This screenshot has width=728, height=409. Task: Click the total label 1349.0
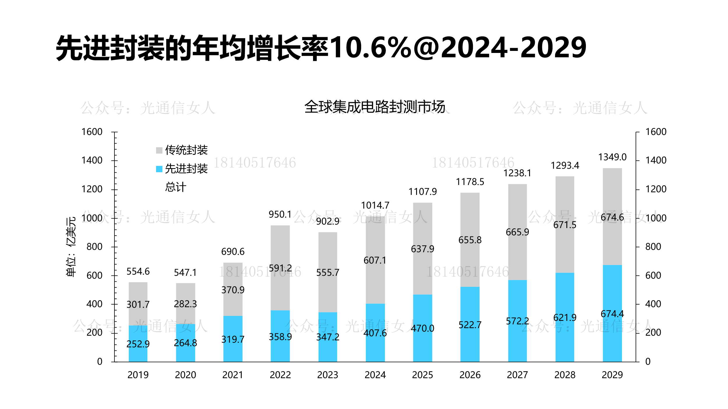click(612, 157)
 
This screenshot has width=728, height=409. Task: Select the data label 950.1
click(280, 215)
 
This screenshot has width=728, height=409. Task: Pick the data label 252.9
click(138, 344)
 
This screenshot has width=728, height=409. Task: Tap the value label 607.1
click(375, 260)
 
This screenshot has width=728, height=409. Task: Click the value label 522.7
click(470, 325)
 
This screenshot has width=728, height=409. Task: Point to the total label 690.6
click(233, 252)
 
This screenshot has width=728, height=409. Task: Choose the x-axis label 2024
click(375, 375)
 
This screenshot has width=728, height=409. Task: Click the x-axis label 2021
click(233, 375)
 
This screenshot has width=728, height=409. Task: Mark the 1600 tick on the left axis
click(92, 132)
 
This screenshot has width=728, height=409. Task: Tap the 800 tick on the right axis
click(653, 247)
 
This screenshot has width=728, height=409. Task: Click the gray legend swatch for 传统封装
click(159, 150)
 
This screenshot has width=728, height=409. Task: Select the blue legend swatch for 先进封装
click(159, 169)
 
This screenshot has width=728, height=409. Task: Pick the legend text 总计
click(176, 187)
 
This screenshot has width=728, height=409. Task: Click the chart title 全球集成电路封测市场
click(375, 107)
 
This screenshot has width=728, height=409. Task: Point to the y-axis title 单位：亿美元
click(71, 247)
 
